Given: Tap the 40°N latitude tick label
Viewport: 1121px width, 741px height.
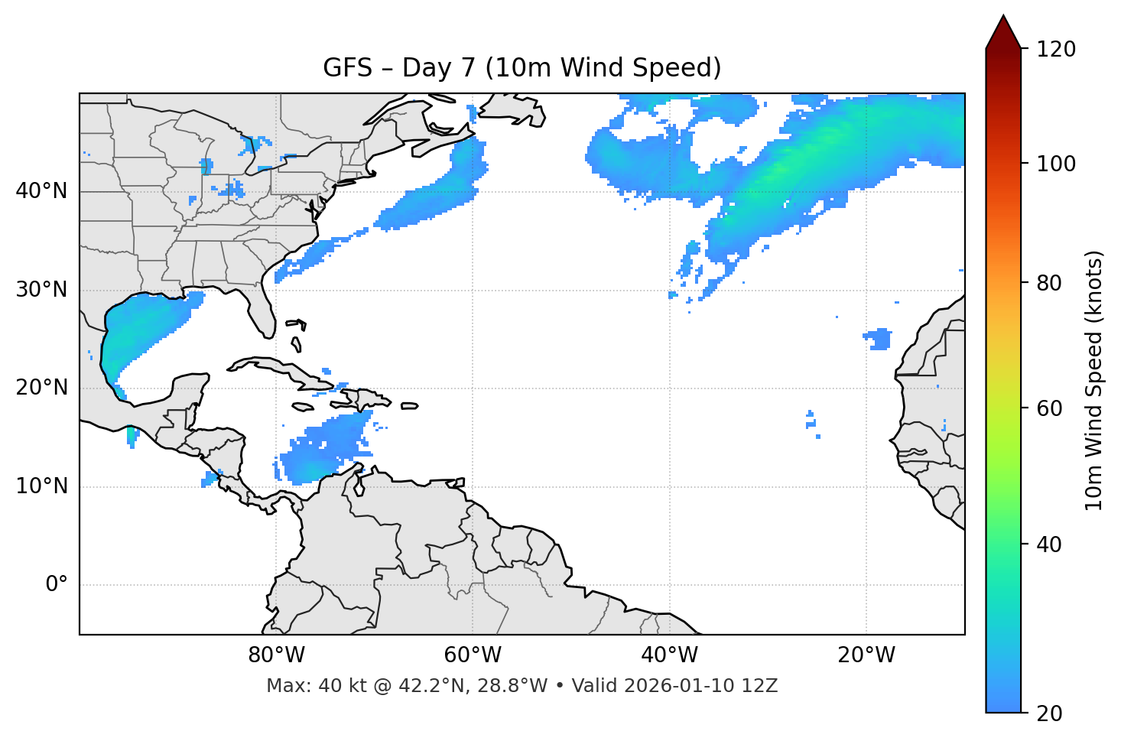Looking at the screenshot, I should (41, 191).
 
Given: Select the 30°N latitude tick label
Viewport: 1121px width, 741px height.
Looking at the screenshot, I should (41, 290).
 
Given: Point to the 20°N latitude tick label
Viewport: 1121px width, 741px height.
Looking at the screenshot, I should (41, 388).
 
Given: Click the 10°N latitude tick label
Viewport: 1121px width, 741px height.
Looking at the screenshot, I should (41, 486).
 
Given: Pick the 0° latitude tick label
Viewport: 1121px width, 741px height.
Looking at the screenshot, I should (57, 585).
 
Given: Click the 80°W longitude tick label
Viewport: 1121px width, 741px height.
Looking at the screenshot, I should (276, 655).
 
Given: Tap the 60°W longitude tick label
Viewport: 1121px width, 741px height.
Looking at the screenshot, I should (473, 655).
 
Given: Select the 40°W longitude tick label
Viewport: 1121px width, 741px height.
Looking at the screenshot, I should (669, 655).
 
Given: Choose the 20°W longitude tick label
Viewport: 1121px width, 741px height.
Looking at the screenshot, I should (866, 655).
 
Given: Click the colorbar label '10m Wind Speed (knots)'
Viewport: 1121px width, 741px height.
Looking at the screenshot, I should (1094, 381).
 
